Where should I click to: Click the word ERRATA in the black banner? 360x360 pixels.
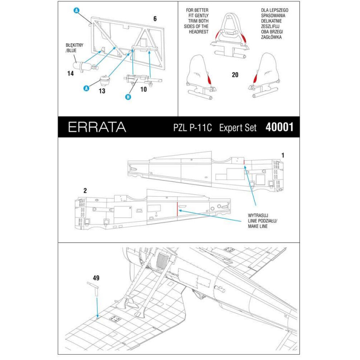coord(97,127)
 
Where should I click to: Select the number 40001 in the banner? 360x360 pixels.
coord(279,127)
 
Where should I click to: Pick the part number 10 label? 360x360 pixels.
coord(144,89)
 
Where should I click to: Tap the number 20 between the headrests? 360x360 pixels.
coord(234,75)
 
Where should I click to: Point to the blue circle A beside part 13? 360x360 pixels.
coord(85,88)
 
